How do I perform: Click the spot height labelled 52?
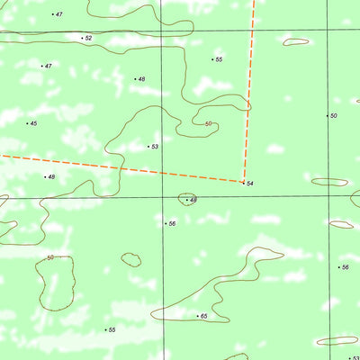(88, 39)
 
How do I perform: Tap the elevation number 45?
(33, 123)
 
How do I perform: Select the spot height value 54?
(250, 184)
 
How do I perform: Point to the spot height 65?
(204, 317)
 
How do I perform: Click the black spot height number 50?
(334, 116)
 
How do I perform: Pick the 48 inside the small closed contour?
(193, 200)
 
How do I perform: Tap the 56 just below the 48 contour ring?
(172, 223)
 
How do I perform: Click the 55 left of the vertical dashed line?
(219, 59)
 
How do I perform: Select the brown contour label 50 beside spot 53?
(209, 124)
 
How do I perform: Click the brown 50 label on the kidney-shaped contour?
(50, 258)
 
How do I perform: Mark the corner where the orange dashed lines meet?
(244, 181)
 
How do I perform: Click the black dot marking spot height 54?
(244, 183)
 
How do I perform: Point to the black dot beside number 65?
(197, 316)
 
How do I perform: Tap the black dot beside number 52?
(82, 38)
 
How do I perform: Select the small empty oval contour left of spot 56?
(131, 260)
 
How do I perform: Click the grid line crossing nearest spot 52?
(163, 31)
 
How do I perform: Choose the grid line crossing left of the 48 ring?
(163, 197)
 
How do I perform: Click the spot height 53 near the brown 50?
(155, 147)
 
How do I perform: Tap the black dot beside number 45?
(27, 123)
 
